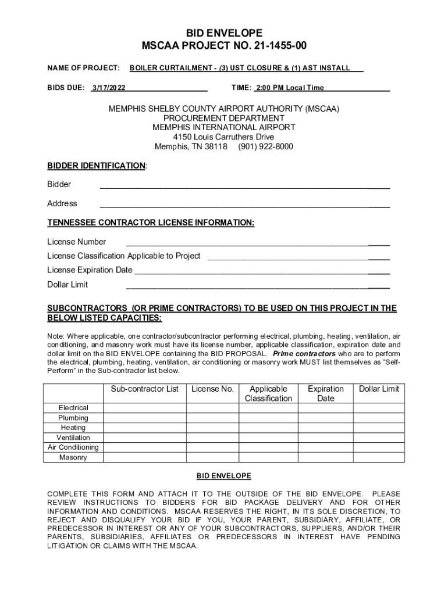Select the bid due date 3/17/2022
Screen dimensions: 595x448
(x=109, y=88)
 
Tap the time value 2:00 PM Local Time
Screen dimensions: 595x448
(x=289, y=88)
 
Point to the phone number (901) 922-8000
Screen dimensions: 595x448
(x=265, y=146)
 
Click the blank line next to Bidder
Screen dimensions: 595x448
(x=244, y=185)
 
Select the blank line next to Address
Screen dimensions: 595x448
(x=244, y=205)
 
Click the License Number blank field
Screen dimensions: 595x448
(x=258, y=243)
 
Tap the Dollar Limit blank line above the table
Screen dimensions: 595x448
(x=258, y=286)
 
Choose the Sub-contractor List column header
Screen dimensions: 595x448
(x=144, y=389)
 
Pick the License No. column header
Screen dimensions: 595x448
(x=212, y=389)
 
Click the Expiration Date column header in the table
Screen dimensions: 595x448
(x=325, y=393)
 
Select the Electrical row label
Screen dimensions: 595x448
(x=73, y=408)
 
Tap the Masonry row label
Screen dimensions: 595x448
(x=73, y=457)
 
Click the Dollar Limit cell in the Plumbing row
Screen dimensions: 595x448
(x=378, y=418)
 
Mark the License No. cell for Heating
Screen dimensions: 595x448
(x=212, y=428)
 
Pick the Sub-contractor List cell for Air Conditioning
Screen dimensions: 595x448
(x=144, y=447)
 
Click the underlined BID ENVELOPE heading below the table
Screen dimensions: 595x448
(x=224, y=476)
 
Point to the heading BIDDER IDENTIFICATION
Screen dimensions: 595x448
(x=96, y=166)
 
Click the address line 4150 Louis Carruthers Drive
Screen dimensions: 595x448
(x=224, y=137)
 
